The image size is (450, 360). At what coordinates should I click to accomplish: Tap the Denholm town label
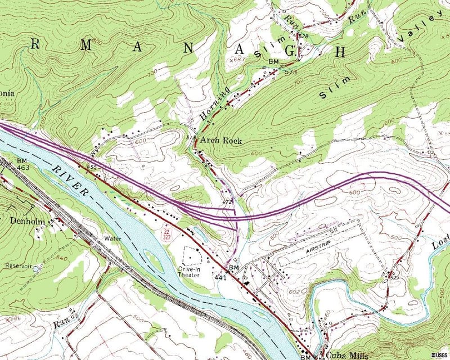tap(26, 221)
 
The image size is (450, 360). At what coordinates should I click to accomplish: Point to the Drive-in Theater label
tap(190, 272)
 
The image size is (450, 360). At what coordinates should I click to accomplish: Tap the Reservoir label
tap(16, 265)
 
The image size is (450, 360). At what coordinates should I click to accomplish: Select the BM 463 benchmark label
tap(22, 164)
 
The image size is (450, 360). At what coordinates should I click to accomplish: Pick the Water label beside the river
tap(112, 238)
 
